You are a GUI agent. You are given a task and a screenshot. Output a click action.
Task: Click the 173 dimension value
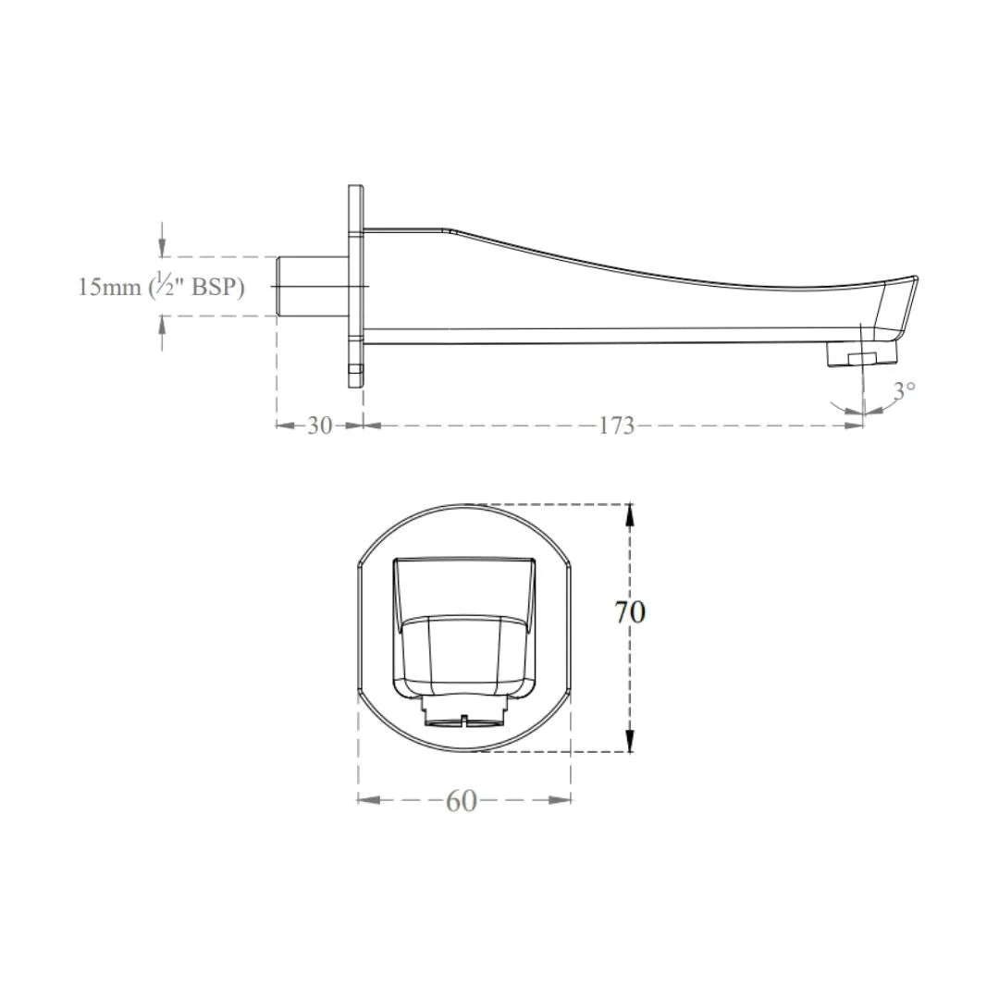coord(617,425)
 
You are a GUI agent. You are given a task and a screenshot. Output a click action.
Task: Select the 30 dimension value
coord(320,425)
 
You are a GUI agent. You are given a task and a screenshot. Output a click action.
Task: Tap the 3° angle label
coord(904,390)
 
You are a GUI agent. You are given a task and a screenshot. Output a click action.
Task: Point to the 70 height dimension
coord(630,611)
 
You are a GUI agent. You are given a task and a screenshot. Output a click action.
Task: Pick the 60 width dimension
coord(462,801)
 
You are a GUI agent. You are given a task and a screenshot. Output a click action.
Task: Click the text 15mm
coord(109,288)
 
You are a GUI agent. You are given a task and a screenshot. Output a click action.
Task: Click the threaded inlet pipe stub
coord(313,286)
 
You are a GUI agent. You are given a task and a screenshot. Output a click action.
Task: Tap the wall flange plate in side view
coord(356,286)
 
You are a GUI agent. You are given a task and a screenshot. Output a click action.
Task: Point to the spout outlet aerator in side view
coord(860,353)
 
